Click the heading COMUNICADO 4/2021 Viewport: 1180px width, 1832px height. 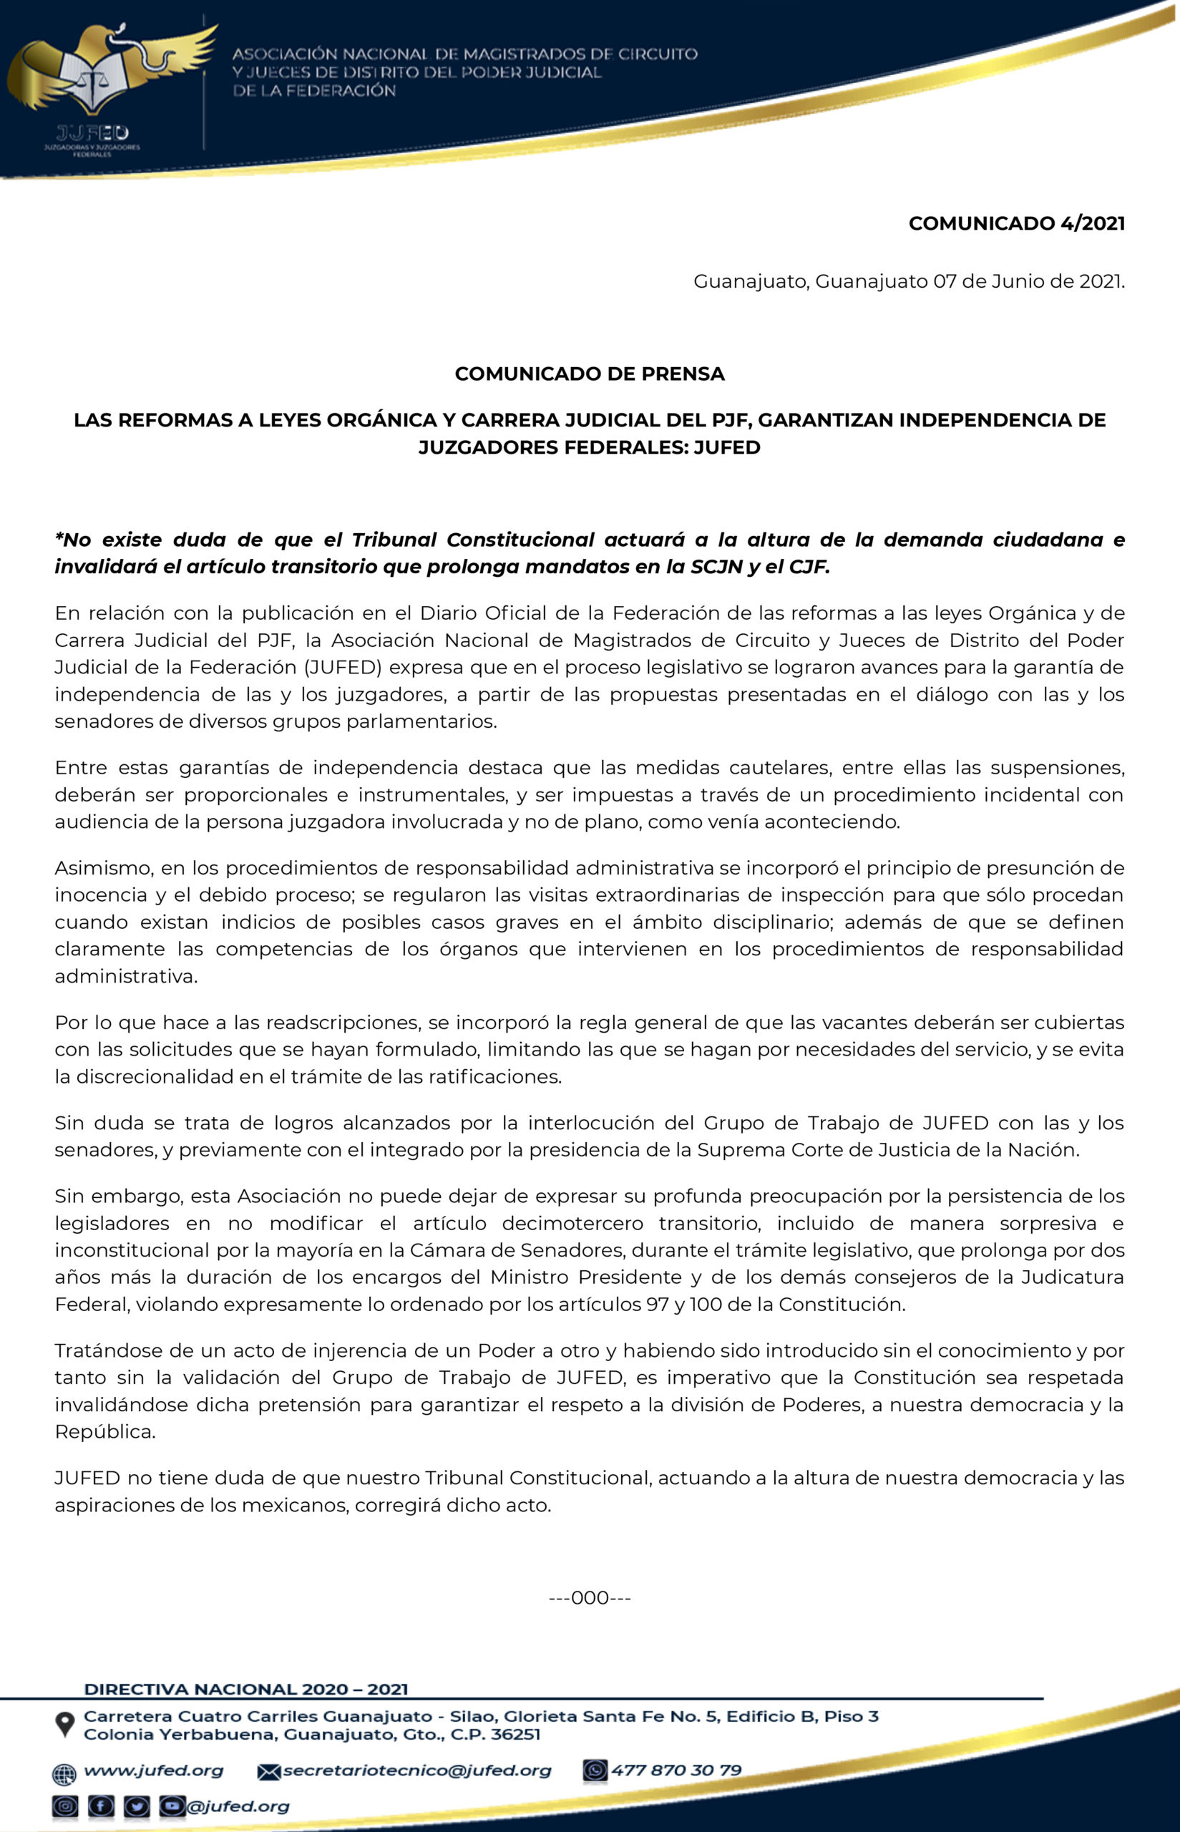pyautogui.click(x=1016, y=223)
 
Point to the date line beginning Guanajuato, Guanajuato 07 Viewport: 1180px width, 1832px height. pyautogui.click(x=909, y=281)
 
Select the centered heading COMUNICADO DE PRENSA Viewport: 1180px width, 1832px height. pyautogui.click(x=589, y=374)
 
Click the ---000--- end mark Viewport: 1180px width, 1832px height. pyautogui.click(x=589, y=1597)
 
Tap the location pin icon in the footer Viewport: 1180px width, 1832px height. pyautogui.click(x=65, y=1725)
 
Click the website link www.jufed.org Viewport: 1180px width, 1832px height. pyautogui.click(x=153, y=1770)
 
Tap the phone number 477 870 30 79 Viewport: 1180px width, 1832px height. pyautogui.click(x=676, y=1770)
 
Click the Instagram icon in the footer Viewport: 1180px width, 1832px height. pyautogui.click(x=65, y=1807)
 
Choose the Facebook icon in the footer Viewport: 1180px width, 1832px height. pyautogui.click(x=101, y=1807)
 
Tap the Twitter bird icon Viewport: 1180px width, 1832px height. pyautogui.click(x=137, y=1807)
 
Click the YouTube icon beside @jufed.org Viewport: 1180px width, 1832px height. pyautogui.click(x=172, y=1807)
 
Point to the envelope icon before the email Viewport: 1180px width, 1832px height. pyautogui.click(x=268, y=1771)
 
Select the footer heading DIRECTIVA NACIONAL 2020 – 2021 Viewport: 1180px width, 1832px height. pyautogui.click(x=246, y=1689)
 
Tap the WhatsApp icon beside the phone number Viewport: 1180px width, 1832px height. pyautogui.click(x=595, y=1770)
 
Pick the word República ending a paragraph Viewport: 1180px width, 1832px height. pyautogui.click(x=104, y=1431)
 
